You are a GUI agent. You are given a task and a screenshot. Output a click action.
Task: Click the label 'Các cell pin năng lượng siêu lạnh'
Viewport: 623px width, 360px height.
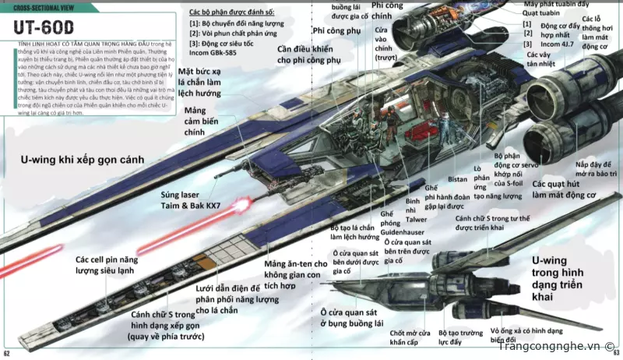pyautogui.click(x=109, y=264)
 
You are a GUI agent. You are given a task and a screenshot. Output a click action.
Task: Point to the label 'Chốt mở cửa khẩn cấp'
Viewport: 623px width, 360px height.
pyautogui.click(x=409, y=337)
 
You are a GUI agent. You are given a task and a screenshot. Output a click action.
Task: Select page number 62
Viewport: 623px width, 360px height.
pyautogui.click(x=6, y=355)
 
